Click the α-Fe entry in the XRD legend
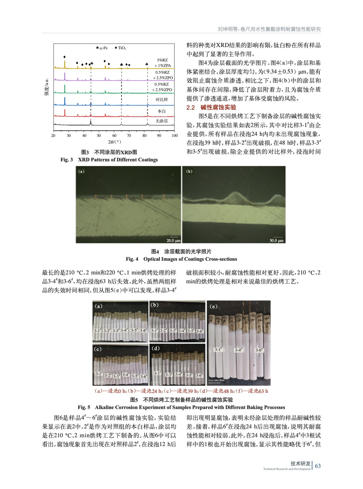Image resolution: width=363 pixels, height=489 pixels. tap(102, 48)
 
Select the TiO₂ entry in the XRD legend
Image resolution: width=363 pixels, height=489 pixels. tap(121, 48)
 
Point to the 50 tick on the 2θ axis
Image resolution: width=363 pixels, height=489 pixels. tap(99, 135)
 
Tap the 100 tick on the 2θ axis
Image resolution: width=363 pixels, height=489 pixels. tap(175, 135)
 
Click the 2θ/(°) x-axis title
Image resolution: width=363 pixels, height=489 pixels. tap(114, 142)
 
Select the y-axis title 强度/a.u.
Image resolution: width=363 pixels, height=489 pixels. tap(46, 87)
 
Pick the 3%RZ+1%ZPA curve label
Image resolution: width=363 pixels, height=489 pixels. tap(162, 63)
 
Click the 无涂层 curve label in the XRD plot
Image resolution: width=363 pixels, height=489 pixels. tap(162, 121)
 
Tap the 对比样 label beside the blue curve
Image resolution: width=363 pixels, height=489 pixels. tap(162, 100)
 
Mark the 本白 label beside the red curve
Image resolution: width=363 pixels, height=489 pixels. tap(162, 111)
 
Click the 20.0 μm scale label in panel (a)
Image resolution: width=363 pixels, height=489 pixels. tap(173, 241)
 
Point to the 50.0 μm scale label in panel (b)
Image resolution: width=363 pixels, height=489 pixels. tap(276, 241)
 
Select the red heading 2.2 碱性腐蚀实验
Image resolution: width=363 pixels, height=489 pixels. tap(211, 107)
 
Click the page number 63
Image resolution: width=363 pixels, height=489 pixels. tap(318, 466)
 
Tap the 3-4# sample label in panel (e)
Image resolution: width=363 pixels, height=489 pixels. tap(239, 350)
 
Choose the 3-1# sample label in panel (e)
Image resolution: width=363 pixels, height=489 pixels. tap(218, 349)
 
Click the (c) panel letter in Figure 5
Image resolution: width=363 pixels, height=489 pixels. tap(98, 349)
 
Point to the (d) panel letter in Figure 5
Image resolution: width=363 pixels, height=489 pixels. tap(155, 348)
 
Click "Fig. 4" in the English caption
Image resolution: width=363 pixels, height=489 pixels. tap(132, 259)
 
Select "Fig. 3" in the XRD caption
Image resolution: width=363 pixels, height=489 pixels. tap(67, 160)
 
